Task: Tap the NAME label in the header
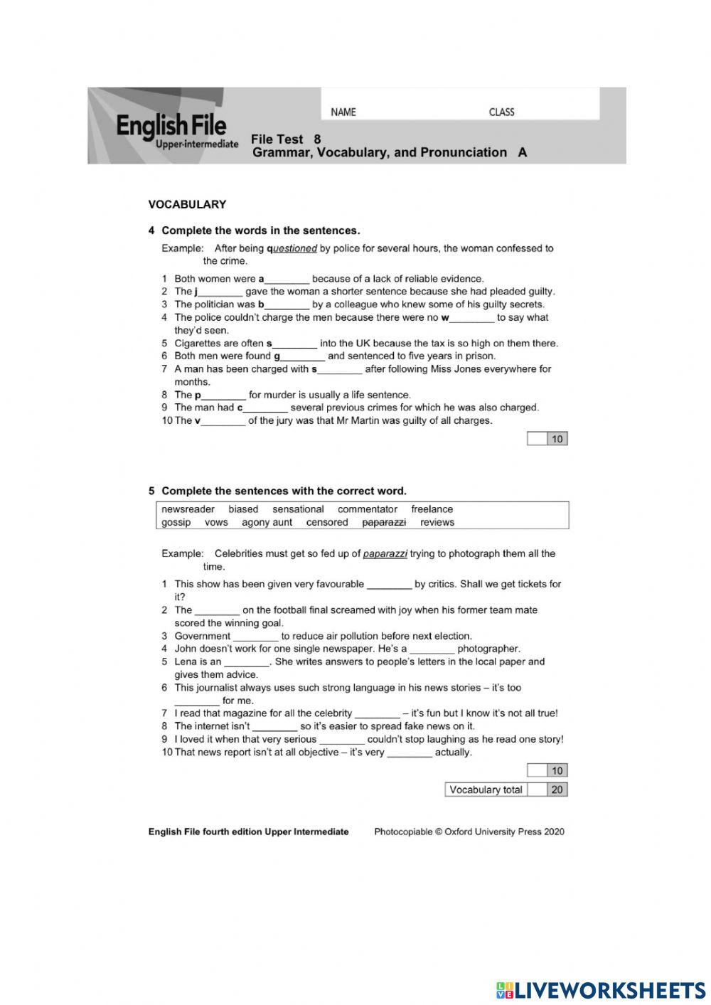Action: [343, 112]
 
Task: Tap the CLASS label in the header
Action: [501, 112]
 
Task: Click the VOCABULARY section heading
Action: [187, 204]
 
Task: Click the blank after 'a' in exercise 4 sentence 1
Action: [287, 279]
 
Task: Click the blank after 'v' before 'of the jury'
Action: [223, 421]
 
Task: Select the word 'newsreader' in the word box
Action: [188, 509]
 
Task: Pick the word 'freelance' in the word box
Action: [432, 509]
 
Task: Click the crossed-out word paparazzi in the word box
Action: [384, 522]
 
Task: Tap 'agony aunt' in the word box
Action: [267, 522]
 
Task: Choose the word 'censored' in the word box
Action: [327, 522]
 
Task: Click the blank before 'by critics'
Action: [390, 585]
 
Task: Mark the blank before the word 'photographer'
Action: [432, 649]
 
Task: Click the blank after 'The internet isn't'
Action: [274, 727]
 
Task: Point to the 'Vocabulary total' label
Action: [486, 789]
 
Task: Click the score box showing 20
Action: [557, 789]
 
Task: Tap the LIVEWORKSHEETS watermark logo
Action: [601, 989]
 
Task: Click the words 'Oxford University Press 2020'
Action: [505, 831]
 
